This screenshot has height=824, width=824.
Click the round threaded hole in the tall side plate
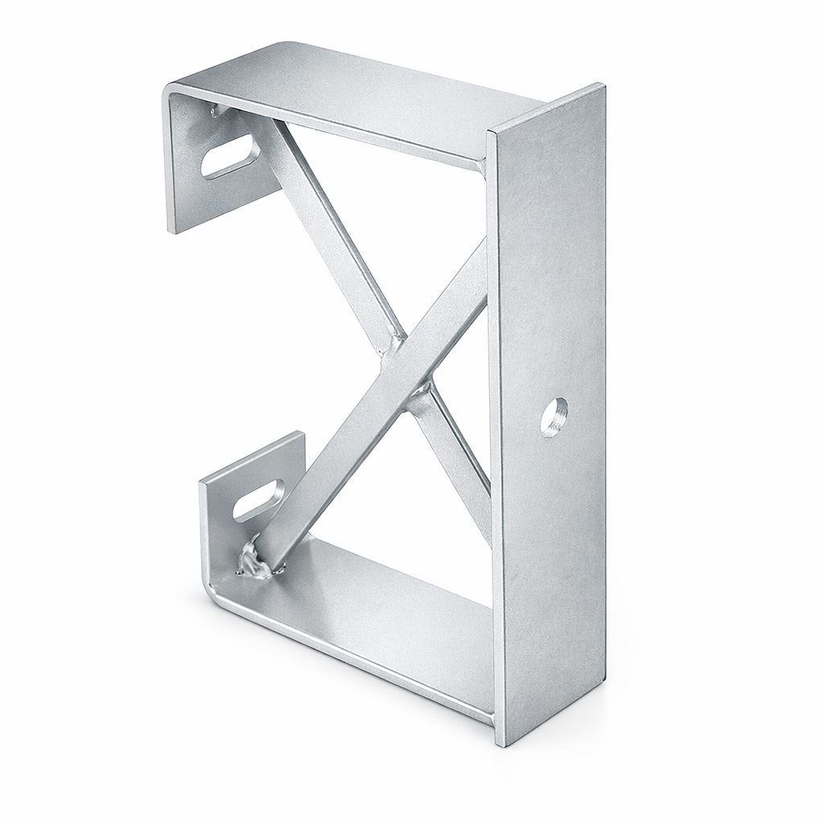(x=554, y=416)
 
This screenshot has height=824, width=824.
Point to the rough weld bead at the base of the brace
(x=256, y=561)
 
